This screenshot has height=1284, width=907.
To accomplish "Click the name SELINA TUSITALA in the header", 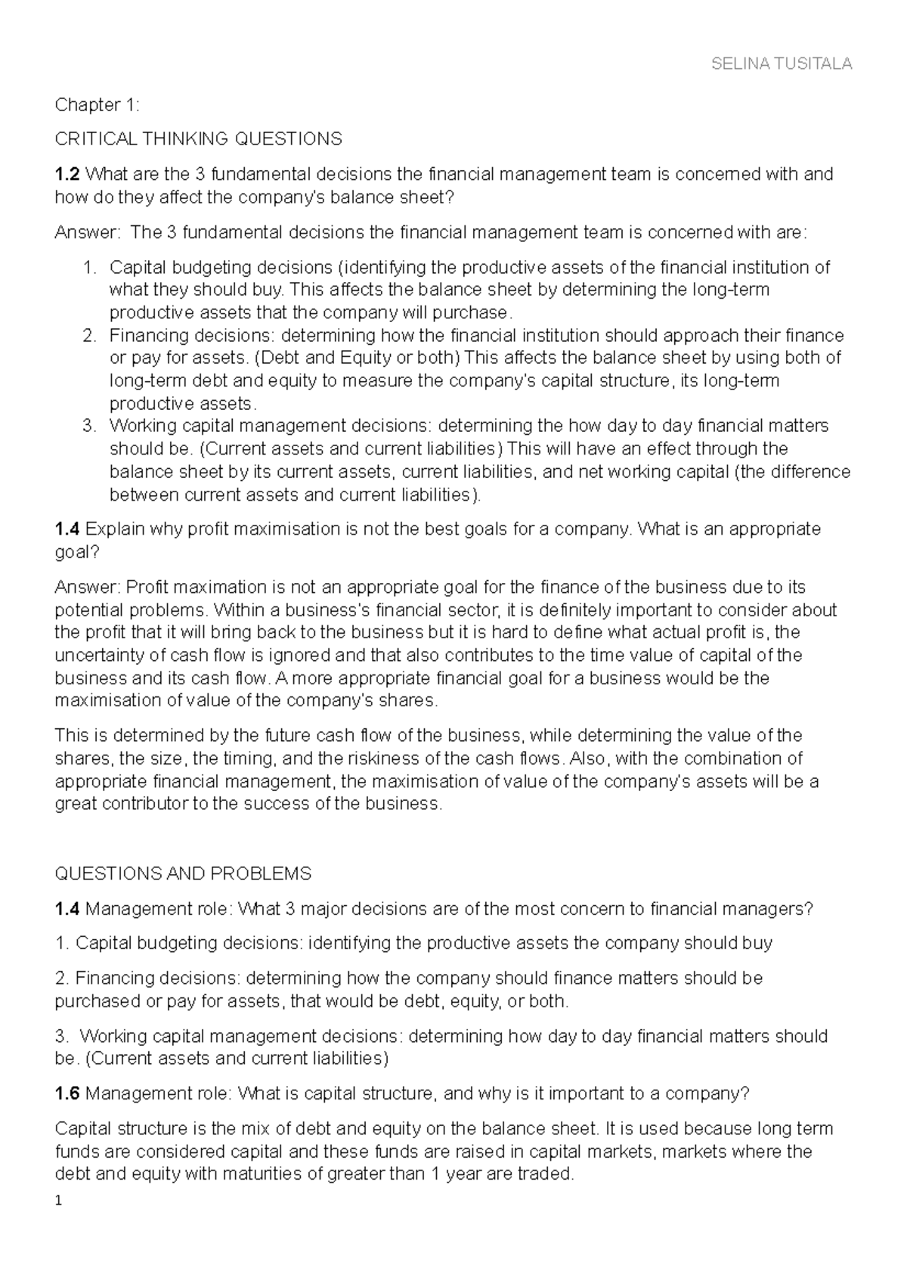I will (x=782, y=64).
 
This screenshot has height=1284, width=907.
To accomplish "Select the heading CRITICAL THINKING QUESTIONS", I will (x=198, y=139).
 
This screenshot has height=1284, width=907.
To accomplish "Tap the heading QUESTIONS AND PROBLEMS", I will (x=183, y=874).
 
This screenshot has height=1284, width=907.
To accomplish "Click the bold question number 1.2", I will (x=67, y=175).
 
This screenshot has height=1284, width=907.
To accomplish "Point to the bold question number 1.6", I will (x=67, y=1094).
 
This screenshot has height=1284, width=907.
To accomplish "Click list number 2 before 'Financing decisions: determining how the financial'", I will (x=90, y=336).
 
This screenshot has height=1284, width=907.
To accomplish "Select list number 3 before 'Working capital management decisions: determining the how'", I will (x=90, y=426).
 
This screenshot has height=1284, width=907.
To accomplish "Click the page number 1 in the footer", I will (x=58, y=1200).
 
